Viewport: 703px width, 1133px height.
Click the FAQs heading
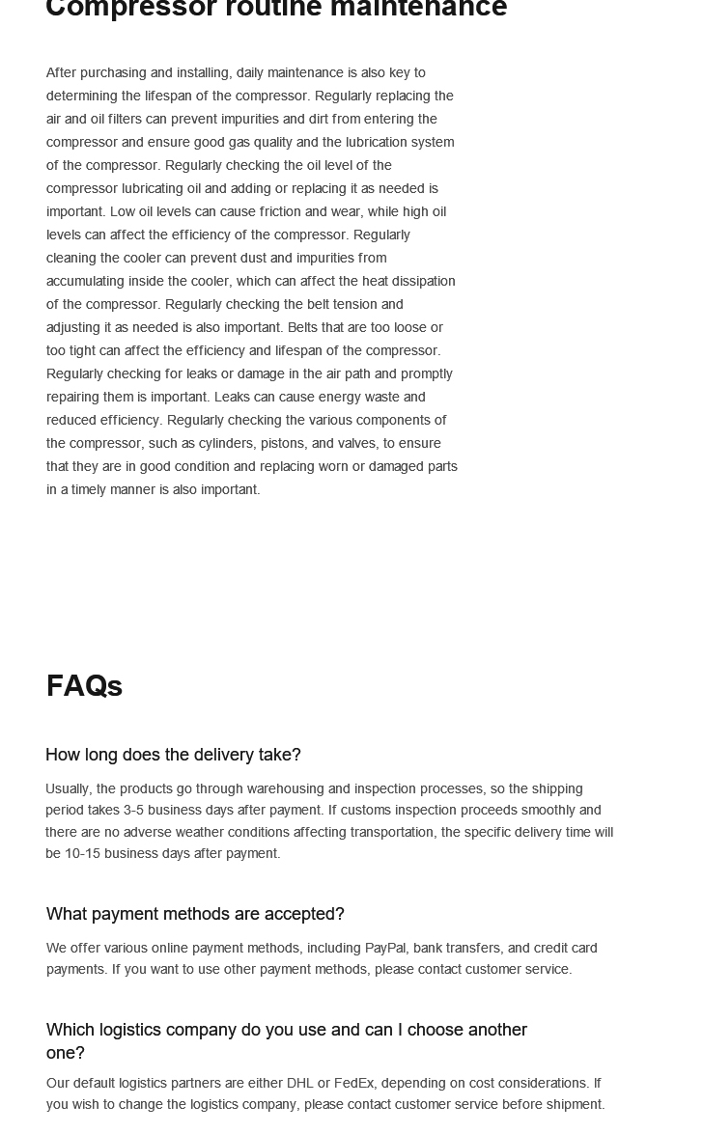coord(84,686)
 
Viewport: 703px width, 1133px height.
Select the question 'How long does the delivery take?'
coord(173,755)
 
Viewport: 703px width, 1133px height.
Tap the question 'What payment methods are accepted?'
coord(195,914)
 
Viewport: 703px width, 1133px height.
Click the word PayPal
coord(385,948)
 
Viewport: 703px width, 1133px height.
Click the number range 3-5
coord(133,810)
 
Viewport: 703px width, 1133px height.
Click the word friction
coord(280,211)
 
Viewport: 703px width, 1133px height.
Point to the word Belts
coord(308,327)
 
